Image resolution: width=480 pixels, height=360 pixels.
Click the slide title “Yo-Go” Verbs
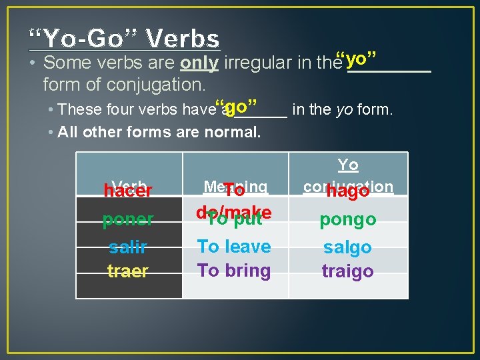(x=125, y=39)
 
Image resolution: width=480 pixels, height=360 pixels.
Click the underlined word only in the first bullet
(x=199, y=63)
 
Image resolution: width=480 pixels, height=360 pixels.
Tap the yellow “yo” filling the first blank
(x=357, y=59)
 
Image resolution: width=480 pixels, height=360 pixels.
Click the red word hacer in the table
(x=127, y=191)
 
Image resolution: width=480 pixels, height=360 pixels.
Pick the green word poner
(x=127, y=219)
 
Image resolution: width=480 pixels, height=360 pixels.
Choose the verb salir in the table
(x=127, y=247)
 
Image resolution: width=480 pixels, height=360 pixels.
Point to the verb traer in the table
(x=127, y=271)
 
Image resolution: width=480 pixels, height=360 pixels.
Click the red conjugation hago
(x=347, y=192)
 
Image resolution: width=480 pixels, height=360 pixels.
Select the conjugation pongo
(x=347, y=219)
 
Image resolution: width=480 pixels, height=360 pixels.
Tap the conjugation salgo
(x=347, y=247)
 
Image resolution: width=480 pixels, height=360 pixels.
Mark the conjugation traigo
(x=347, y=271)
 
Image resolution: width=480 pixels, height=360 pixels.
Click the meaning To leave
(x=234, y=247)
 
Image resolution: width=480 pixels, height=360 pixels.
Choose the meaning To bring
(x=234, y=271)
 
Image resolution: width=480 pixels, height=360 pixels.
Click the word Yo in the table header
(x=347, y=165)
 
